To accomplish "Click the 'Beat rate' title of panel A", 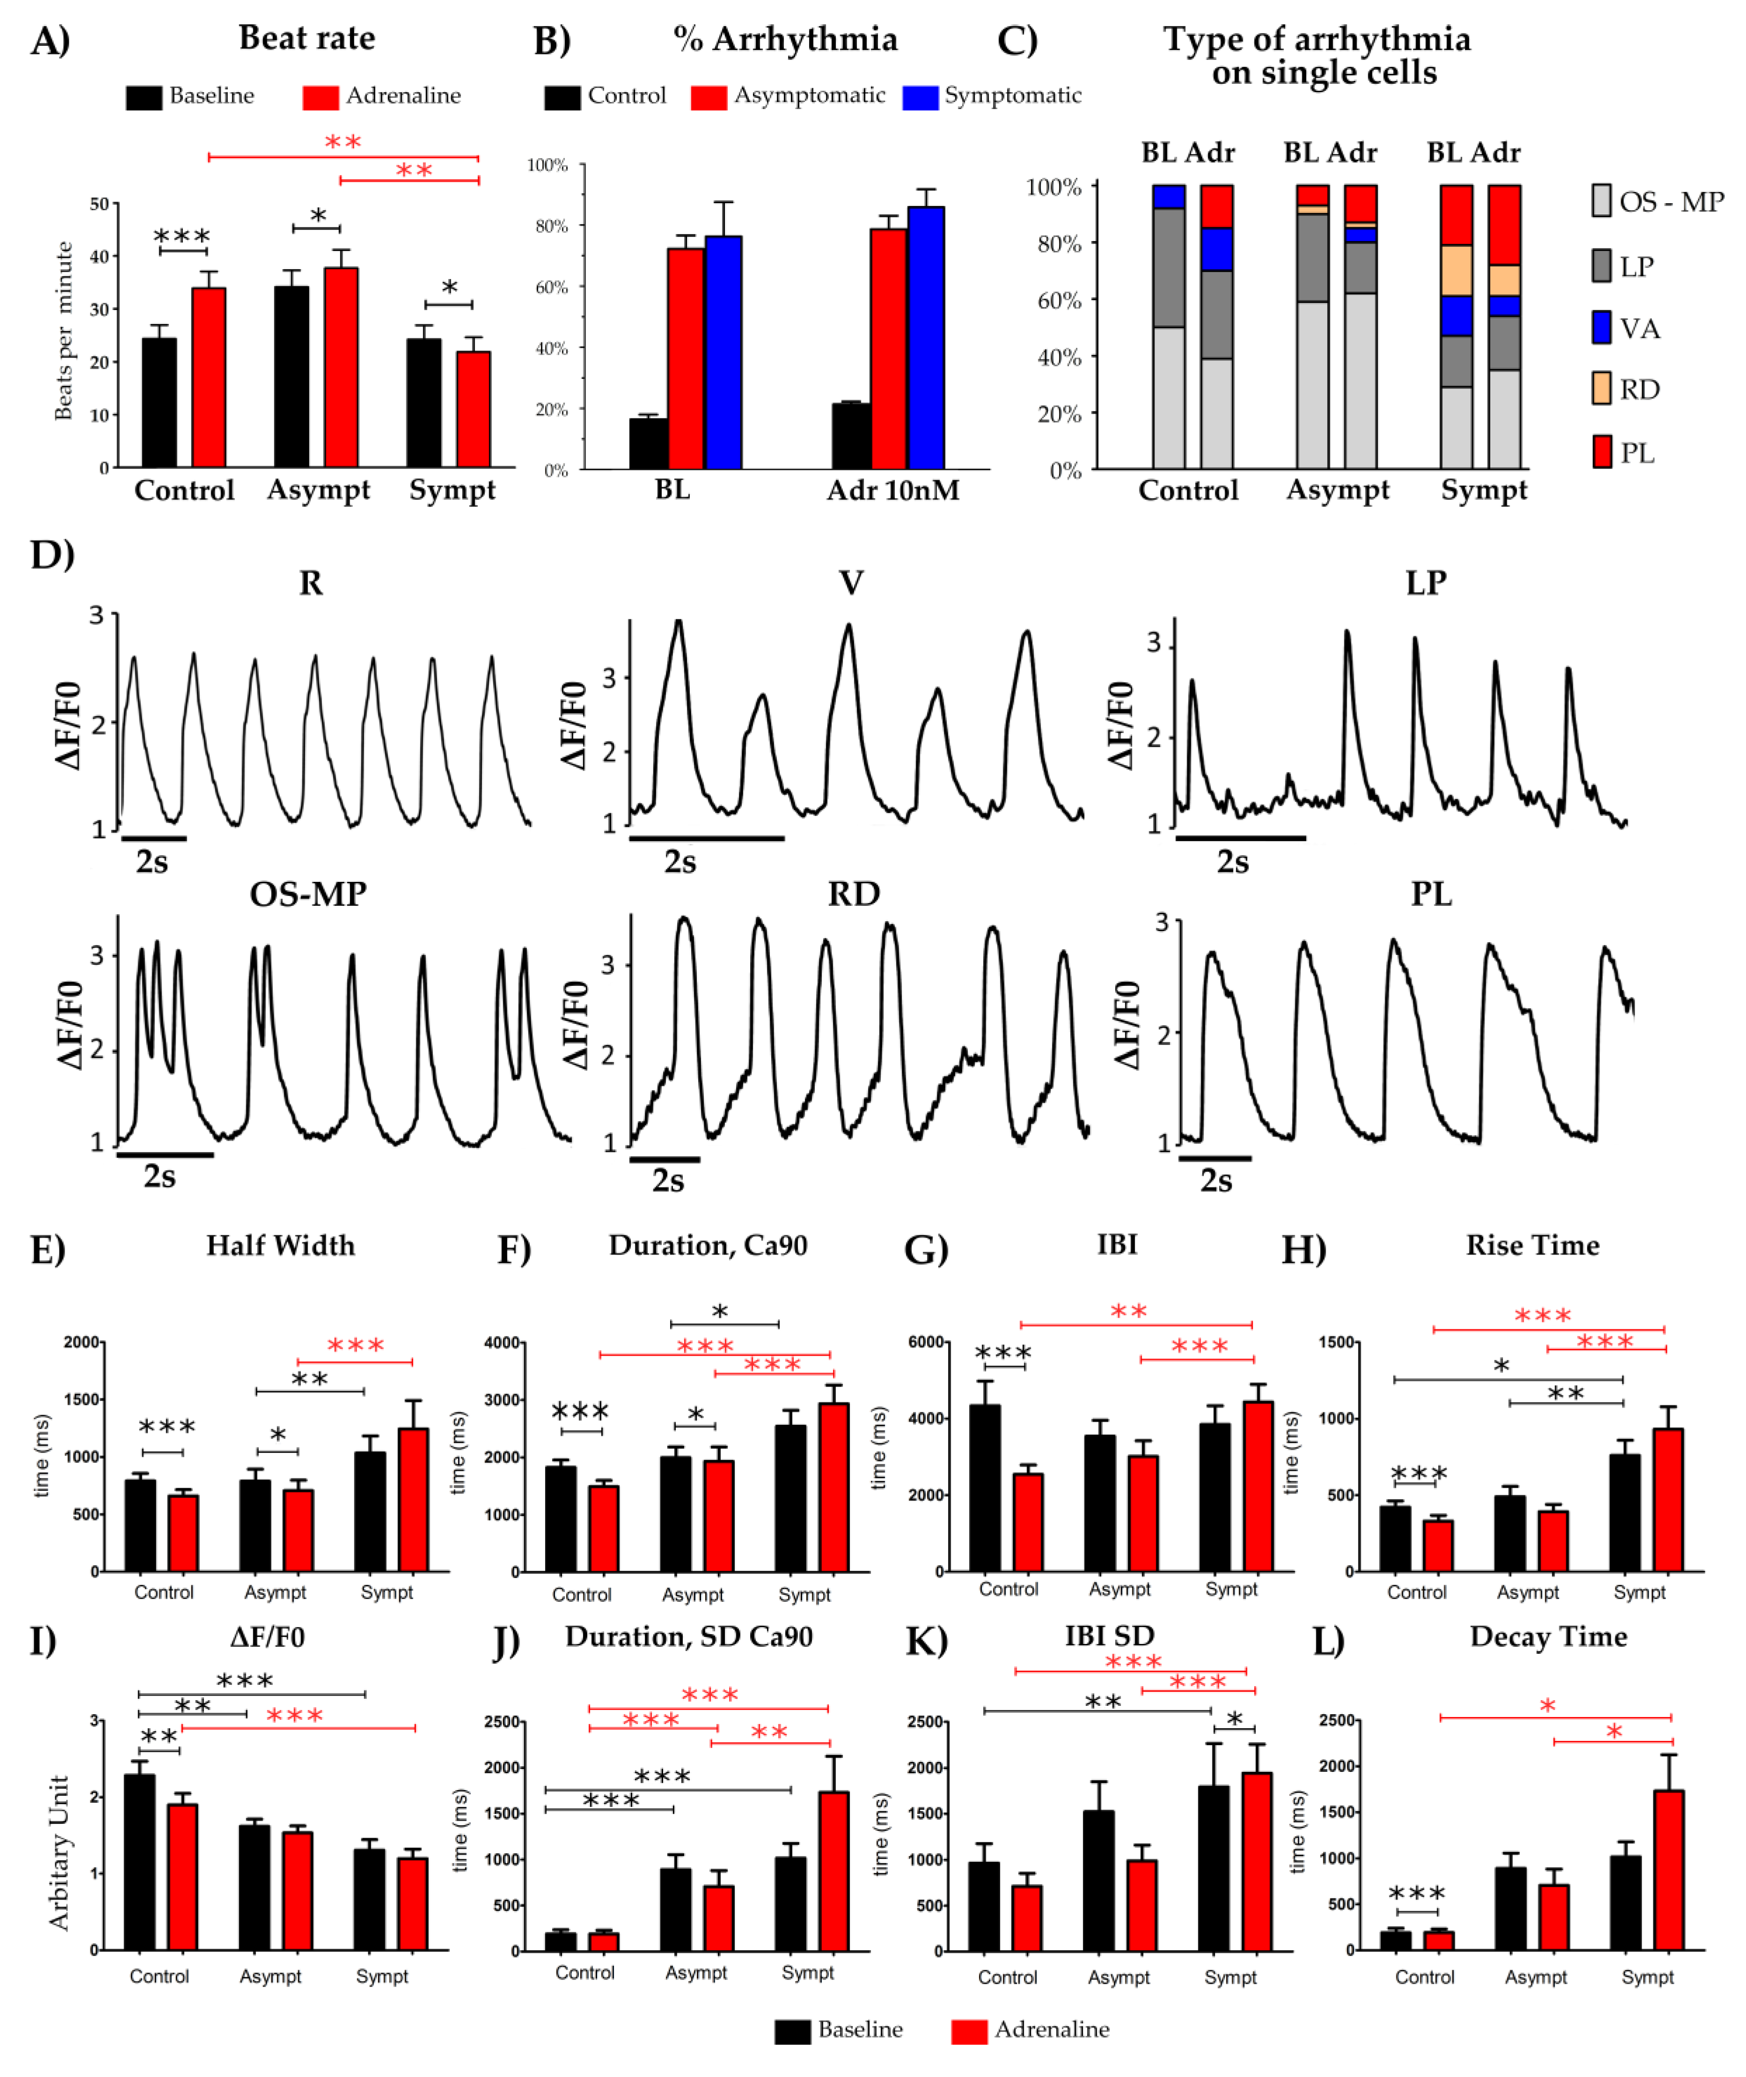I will [307, 37].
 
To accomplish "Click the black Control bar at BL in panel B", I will [648, 443].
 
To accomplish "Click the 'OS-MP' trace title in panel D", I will [308, 894].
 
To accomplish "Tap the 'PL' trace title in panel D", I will [1431, 894].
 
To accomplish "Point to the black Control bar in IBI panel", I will [985, 1488].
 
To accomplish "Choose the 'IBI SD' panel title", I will [1110, 1636].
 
